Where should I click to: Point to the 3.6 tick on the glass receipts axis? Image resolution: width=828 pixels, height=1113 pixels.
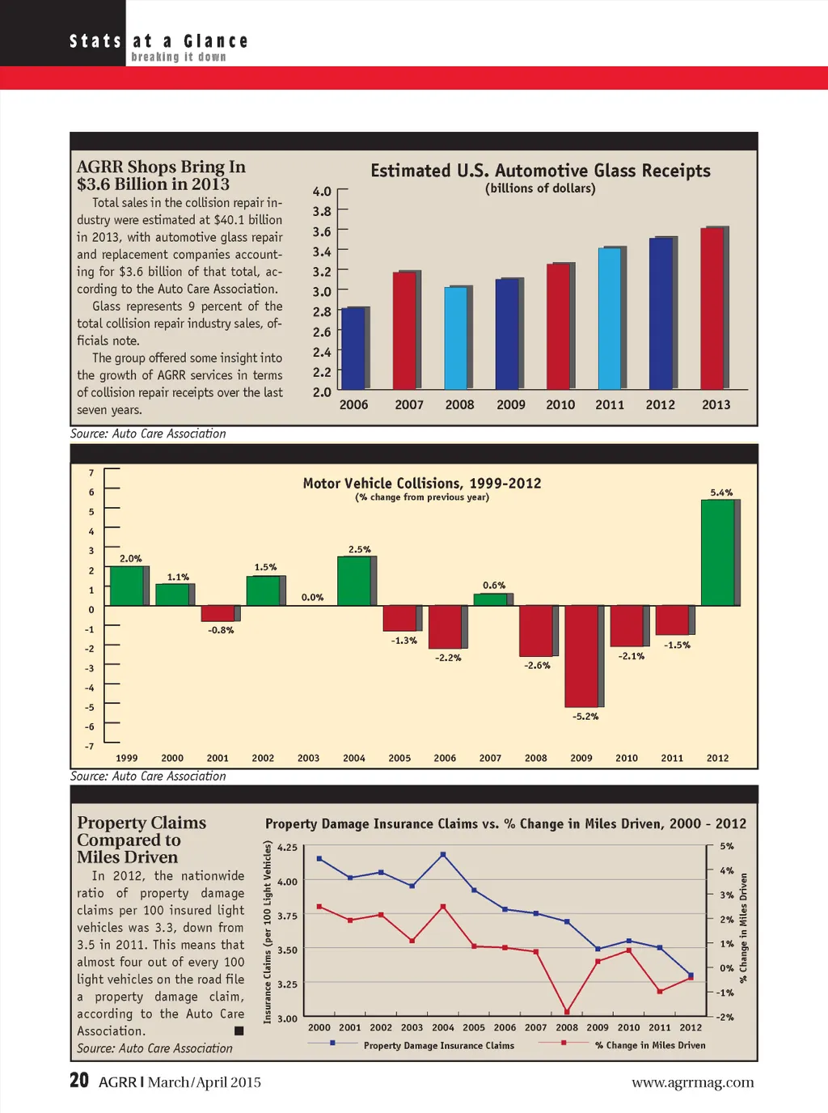click(x=322, y=231)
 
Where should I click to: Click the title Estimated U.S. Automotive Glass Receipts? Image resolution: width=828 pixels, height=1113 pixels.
click(x=540, y=171)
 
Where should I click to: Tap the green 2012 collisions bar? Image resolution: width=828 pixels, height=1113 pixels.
click(x=717, y=552)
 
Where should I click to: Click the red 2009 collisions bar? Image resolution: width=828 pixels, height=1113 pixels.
click(x=581, y=655)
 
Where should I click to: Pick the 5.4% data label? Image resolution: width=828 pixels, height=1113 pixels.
click(x=721, y=493)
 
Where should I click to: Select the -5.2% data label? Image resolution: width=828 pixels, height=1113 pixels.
click(x=585, y=717)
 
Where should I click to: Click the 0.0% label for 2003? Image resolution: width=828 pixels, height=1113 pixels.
click(x=312, y=598)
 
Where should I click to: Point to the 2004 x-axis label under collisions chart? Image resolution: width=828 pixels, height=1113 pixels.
click(x=354, y=758)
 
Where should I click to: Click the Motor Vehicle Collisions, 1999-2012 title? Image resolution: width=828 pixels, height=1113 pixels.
click(x=422, y=483)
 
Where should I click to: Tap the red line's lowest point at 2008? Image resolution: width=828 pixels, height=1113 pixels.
click(x=567, y=1011)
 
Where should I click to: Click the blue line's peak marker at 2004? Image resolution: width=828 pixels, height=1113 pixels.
click(x=443, y=854)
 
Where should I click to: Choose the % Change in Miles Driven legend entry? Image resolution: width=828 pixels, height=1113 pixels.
click(x=650, y=1045)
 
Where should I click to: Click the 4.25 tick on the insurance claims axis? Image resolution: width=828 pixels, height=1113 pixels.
click(x=287, y=848)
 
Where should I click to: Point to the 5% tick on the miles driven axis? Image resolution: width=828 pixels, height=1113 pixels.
click(x=727, y=846)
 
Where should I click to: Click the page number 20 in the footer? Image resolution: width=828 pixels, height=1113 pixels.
click(x=79, y=1081)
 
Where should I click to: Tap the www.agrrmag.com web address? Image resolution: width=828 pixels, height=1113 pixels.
click(x=692, y=1082)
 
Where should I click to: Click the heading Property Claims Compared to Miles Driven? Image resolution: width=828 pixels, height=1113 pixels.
click(x=142, y=840)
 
